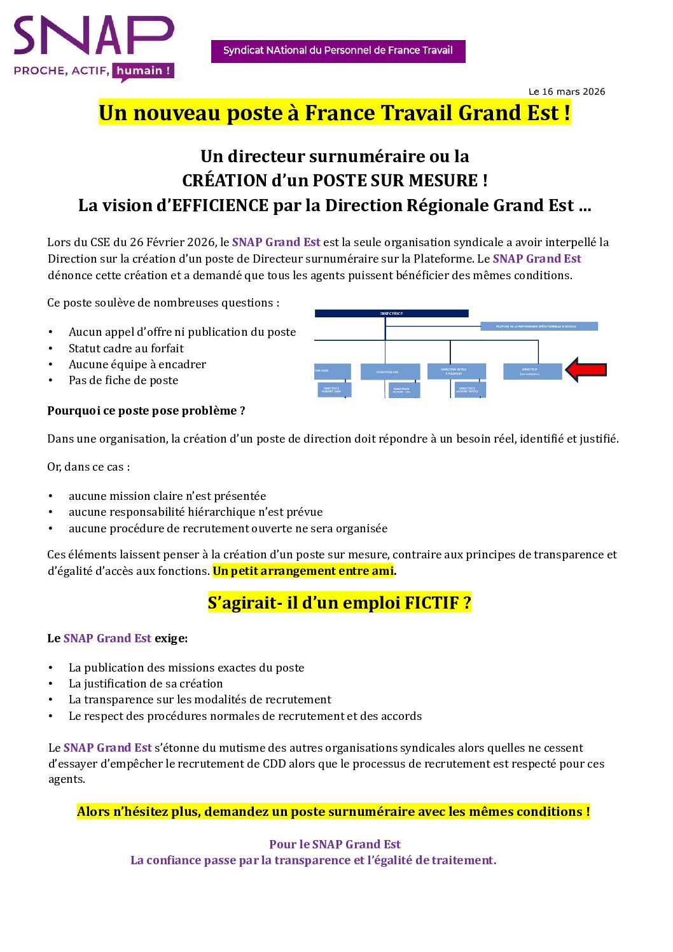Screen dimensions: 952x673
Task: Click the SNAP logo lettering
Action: (94, 36)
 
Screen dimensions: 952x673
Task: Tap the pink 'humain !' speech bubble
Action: (143, 71)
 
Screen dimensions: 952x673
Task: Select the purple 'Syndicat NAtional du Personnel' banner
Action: (338, 51)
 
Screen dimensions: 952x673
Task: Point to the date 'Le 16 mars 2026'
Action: (566, 92)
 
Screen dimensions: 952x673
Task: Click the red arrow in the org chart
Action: (586, 369)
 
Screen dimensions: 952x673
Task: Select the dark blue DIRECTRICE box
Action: (391, 314)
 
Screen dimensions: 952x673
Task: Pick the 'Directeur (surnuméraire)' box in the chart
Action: (532, 371)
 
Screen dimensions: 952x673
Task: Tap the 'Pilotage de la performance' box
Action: (538, 326)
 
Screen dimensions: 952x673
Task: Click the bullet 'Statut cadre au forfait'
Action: (126, 348)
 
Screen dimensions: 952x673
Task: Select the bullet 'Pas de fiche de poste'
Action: (123, 380)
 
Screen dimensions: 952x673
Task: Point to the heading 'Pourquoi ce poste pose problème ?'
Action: (146, 411)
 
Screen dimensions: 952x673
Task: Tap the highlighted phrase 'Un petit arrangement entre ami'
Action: (303, 571)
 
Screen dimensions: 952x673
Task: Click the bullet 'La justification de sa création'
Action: (146, 684)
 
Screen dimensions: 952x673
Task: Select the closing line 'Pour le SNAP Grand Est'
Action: (335, 845)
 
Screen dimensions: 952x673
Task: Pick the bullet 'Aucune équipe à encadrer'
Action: (137, 364)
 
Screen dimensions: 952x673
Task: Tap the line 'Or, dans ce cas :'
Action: (88, 467)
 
